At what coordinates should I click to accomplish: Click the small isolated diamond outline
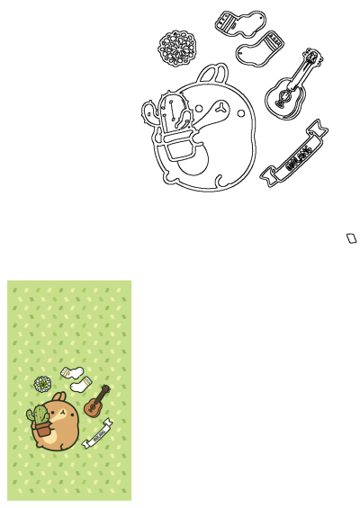pos(352,237)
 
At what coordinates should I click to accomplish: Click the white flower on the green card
pos(40,384)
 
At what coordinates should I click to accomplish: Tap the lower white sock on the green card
pos(82,384)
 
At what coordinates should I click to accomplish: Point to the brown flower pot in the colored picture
pos(41,431)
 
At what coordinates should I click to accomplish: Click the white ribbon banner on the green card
pos(95,433)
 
